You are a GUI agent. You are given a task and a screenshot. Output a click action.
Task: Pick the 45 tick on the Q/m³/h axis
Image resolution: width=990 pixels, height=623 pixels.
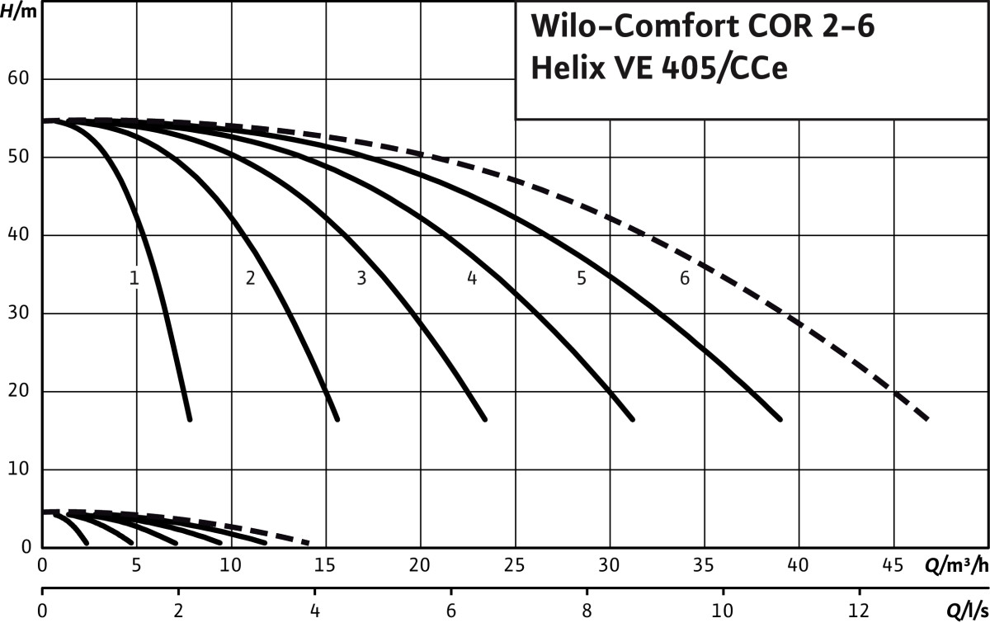click(x=893, y=566)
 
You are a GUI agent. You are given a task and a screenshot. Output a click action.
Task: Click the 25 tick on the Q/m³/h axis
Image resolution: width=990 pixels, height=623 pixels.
click(x=516, y=566)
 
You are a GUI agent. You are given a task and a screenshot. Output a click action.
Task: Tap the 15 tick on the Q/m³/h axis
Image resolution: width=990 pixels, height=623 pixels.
click(x=326, y=566)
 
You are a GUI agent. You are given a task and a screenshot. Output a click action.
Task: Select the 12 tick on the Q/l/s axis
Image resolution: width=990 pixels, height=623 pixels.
click(x=860, y=612)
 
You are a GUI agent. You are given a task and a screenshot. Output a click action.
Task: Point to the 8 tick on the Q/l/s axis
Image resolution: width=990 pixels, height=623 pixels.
click(x=587, y=612)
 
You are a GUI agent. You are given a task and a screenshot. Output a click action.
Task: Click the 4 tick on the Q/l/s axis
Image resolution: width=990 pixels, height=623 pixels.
click(x=314, y=612)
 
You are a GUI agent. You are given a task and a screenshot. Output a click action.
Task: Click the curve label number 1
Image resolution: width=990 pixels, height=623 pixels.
click(x=134, y=279)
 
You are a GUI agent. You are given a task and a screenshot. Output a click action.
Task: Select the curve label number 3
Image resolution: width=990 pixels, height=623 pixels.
click(x=361, y=279)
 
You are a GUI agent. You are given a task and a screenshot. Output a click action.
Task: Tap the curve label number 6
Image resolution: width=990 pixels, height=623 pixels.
click(x=685, y=279)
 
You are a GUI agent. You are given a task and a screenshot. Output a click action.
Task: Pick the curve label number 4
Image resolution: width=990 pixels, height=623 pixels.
click(x=472, y=279)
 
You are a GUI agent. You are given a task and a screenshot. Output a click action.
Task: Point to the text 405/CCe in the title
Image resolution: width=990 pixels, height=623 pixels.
click(x=724, y=70)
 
